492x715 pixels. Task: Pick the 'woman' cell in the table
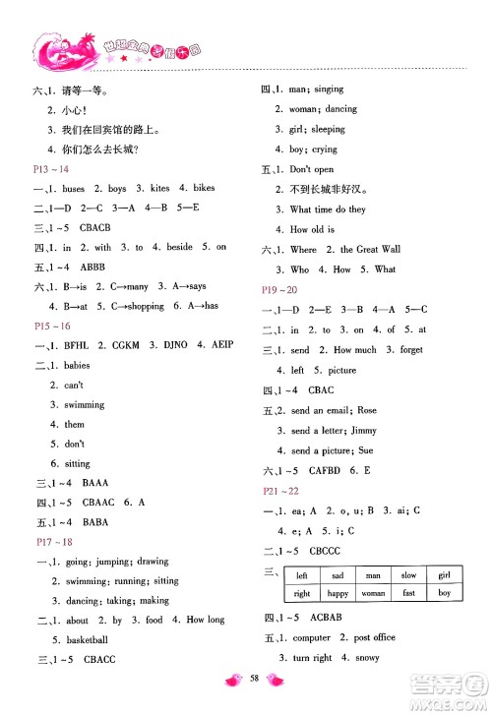click(x=373, y=594)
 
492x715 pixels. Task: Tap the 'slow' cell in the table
click(x=408, y=576)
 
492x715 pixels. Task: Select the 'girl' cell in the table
click(x=444, y=576)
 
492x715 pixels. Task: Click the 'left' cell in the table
click(x=302, y=576)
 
